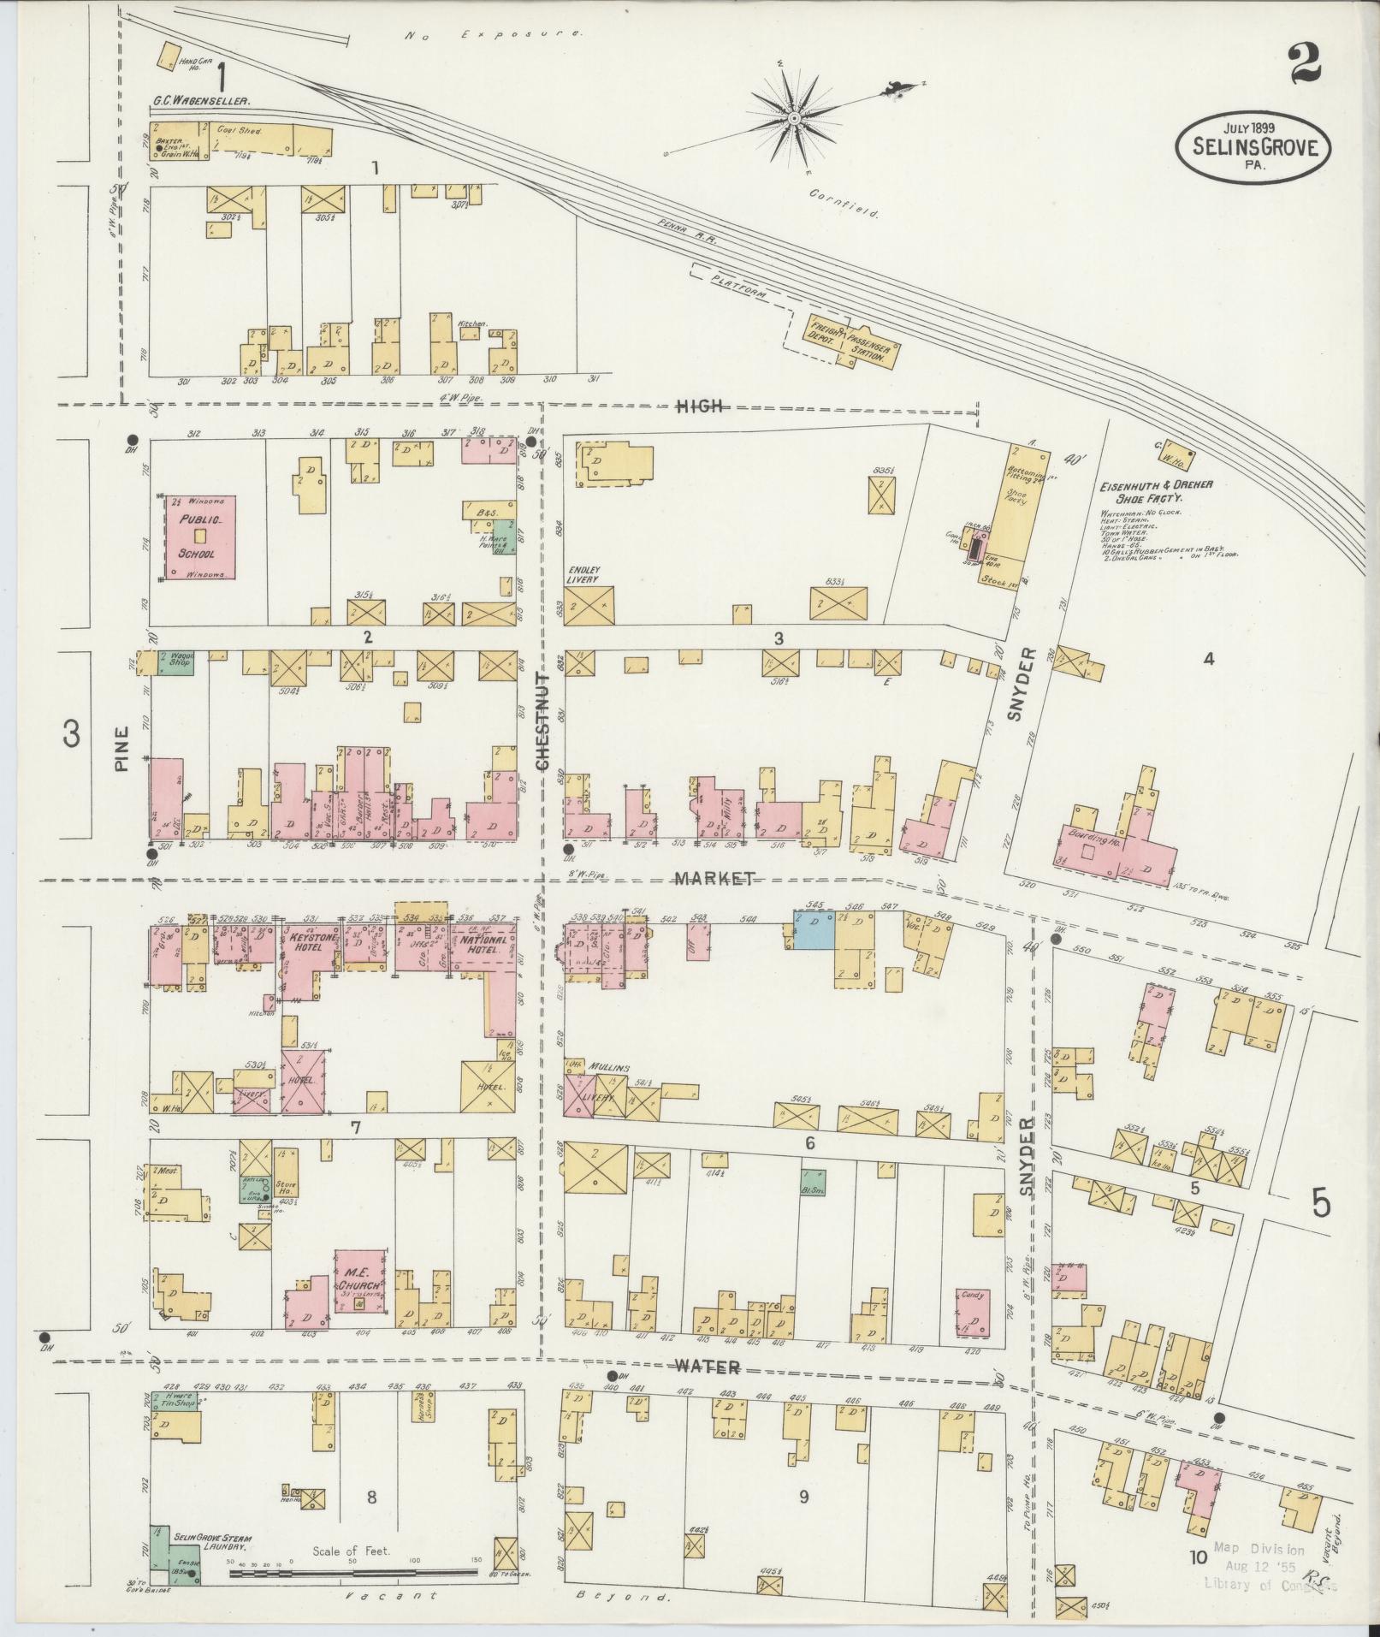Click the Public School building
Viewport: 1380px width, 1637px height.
point(199,537)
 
